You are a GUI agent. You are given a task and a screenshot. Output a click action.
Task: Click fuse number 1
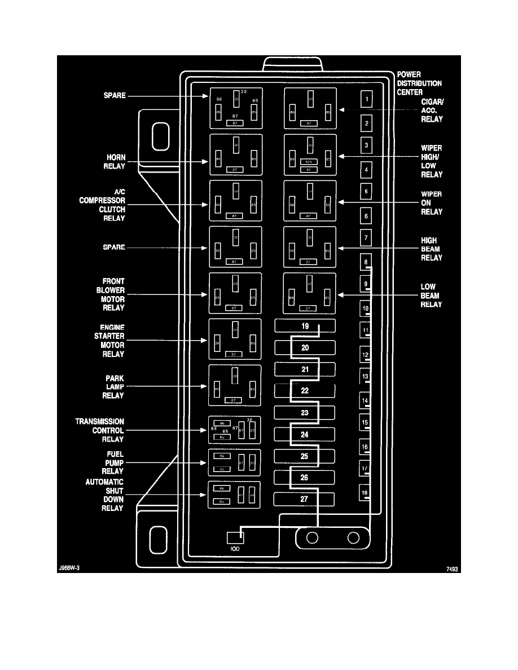(366, 100)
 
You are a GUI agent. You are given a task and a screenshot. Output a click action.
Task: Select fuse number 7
(366, 239)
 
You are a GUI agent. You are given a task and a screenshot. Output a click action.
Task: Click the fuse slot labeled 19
(305, 327)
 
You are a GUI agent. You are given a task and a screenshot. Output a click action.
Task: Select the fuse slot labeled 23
(305, 413)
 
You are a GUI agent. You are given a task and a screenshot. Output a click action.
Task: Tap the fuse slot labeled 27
(305, 499)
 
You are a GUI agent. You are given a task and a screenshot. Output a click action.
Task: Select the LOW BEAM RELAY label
(431, 296)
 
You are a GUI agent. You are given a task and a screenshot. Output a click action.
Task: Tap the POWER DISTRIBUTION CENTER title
(419, 83)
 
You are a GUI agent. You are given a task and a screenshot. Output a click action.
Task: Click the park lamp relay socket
(235, 386)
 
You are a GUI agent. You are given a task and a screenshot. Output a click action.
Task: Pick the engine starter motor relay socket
(235, 340)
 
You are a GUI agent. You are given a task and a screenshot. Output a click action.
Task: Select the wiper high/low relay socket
(310, 155)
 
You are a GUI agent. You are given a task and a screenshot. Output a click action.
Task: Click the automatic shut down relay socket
(235, 495)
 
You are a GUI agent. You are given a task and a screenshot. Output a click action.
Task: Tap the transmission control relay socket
(235, 430)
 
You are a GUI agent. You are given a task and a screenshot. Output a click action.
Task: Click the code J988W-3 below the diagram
(69, 569)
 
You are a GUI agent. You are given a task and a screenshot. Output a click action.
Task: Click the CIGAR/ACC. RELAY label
(432, 111)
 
